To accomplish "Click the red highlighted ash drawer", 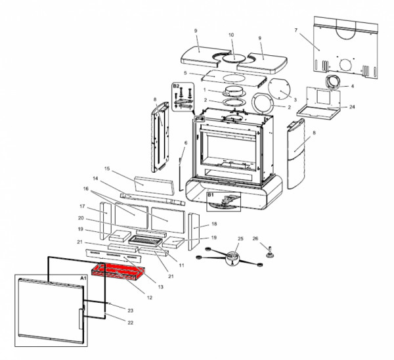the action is click(x=118, y=271).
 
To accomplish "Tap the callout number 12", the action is click(x=150, y=298).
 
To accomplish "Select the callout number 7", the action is click(x=296, y=30).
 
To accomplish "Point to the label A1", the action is click(x=83, y=279).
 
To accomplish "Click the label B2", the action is click(x=176, y=86).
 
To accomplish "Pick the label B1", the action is click(x=211, y=195).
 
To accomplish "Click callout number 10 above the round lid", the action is click(x=231, y=35).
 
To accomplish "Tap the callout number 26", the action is click(x=255, y=238).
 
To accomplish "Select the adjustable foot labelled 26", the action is click(x=271, y=253).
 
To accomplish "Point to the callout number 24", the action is click(x=352, y=107).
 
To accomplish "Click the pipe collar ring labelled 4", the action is click(x=333, y=82).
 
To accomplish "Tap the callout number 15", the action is click(x=107, y=168).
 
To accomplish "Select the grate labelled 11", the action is click(x=145, y=241).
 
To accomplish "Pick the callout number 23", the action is click(x=130, y=311).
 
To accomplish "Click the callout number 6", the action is click(x=186, y=143).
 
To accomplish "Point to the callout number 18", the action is click(x=214, y=224).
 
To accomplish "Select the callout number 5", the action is click(x=185, y=73).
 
